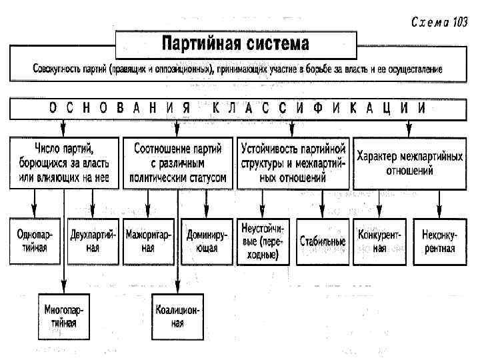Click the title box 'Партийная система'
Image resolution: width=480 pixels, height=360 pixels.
pos(235,45)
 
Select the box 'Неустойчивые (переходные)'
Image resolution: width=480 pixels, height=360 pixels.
pos(263,241)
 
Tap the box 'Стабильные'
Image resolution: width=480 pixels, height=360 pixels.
pos(323,241)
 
